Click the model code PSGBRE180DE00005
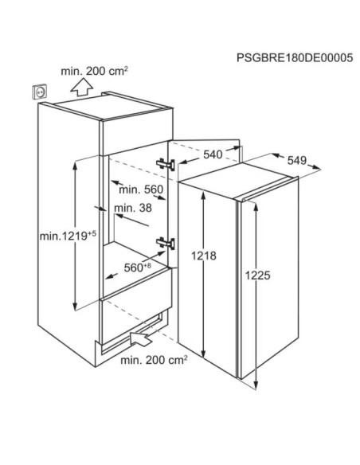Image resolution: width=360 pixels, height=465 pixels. click(x=295, y=57)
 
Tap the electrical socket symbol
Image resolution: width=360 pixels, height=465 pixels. click(x=40, y=92)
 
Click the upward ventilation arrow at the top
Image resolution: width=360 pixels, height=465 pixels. click(x=82, y=87)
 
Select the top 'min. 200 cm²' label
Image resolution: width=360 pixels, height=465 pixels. click(x=94, y=71)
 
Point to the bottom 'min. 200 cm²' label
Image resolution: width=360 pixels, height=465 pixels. click(x=154, y=360)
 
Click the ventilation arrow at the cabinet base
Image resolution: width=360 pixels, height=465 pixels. click(x=141, y=338)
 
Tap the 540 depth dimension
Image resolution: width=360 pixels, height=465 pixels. click(x=213, y=154)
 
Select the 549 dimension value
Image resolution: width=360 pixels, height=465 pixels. click(x=297, y=160)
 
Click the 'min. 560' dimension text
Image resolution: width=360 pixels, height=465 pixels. click(x=141, y=190)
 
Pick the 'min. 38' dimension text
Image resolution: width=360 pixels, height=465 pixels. click(x=133, y=208)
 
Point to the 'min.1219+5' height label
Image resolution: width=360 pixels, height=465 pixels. click(x=68, y=236)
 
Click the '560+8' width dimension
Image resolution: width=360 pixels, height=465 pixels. click(x=137, y=268)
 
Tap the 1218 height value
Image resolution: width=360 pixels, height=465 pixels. click(x=203, y=256)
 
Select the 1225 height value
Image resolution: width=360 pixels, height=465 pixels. click(x=258, y=275)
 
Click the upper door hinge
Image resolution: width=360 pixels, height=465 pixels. click(x=166, y=164)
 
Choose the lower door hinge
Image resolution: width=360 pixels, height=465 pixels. click(x=166, y=243)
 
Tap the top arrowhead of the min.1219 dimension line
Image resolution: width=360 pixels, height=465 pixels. click(x=75, y=165)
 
